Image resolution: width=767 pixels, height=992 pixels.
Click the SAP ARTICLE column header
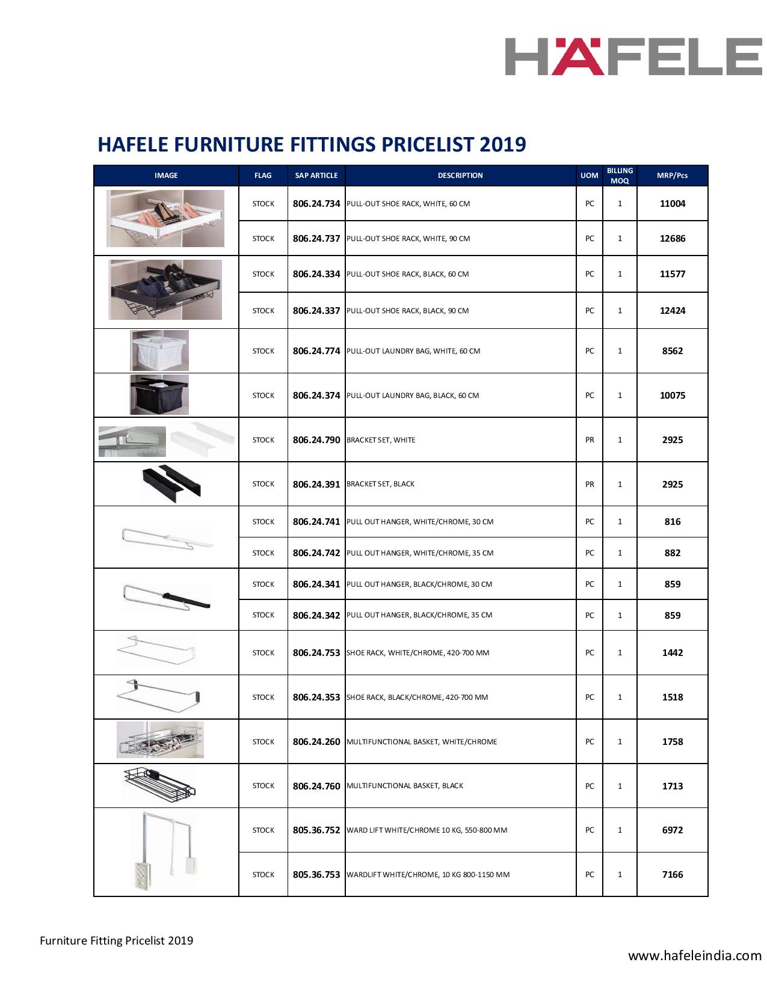point(316,176)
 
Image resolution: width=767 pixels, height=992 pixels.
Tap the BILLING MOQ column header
point(620,176)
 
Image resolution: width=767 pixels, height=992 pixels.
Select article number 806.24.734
point(316,204)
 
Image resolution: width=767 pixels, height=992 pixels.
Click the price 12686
point(672,239)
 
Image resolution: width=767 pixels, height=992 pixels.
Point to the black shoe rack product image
point(165,290)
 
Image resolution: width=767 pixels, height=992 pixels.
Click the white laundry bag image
point(160,351)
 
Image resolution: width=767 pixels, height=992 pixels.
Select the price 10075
point(672,396)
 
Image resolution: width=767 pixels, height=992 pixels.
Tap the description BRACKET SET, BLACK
point(380,484)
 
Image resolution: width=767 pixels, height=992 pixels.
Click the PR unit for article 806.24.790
point(590,440)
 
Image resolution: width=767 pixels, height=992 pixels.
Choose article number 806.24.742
point(316,553)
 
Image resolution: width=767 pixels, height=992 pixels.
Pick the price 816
point(672,522)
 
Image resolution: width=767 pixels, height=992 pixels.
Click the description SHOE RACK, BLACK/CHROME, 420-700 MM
point(417,697)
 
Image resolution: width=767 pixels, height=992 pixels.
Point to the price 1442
point(672,653)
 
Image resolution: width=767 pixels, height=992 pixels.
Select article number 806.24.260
point(316,742)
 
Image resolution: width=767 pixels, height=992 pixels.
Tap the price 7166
point(672,875)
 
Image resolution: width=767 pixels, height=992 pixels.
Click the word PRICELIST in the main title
point(425,144)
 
